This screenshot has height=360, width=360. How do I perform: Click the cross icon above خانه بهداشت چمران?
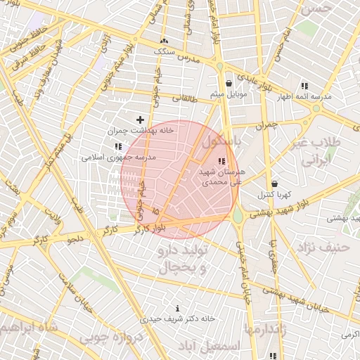[x=139, y=120]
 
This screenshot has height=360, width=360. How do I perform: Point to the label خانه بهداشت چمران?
[x=130, y=131]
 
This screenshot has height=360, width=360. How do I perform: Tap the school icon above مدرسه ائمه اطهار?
[x=304, y=85]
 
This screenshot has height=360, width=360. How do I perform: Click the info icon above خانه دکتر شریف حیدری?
[x=177, y=308]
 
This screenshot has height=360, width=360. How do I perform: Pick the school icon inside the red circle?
[x=222, y=162]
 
